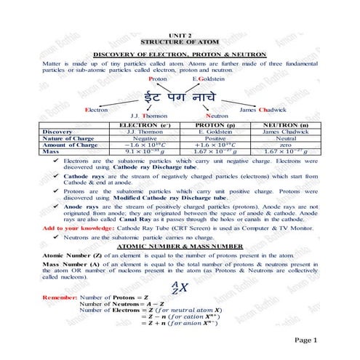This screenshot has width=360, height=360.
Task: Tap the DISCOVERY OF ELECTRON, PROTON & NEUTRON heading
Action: (180, 56)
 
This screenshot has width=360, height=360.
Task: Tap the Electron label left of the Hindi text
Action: (96, 109)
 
